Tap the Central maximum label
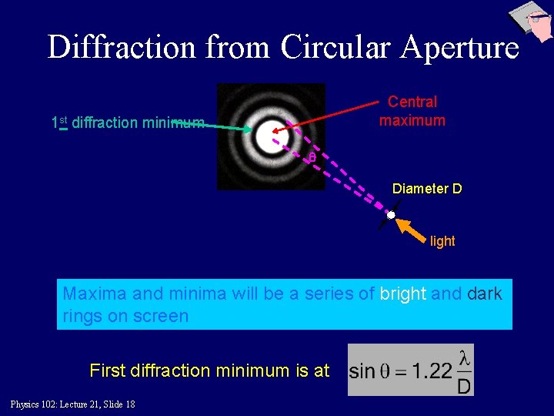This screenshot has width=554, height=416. pos(412,111)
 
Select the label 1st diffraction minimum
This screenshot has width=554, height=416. pos(128,122)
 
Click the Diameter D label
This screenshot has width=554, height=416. pos(427,188)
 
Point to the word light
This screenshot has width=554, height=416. pos(442,241)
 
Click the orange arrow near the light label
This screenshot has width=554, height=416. pos(411,230)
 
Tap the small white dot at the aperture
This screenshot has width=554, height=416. pos(391,214)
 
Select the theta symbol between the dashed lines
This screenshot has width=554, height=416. pos(312,158)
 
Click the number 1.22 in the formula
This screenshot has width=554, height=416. pos(432,372)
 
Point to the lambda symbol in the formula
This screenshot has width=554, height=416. pos(463,358)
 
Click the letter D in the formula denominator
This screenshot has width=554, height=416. pos(463,385)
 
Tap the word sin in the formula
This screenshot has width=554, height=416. pos(362,372)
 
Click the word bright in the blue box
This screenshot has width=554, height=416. pos(403,294)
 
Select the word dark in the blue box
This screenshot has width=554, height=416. pos(484,294)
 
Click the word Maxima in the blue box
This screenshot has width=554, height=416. pos(95,294)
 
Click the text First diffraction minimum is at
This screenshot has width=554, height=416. pos(209,371)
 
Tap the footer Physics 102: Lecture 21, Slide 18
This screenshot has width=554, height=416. pos(73,404)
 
